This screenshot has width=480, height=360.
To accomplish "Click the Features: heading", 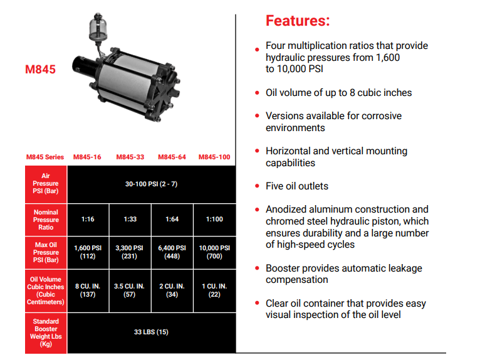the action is [298, 21].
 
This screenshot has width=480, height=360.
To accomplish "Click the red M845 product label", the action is [40, 70].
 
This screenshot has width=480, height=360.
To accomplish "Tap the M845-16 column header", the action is [87, 157].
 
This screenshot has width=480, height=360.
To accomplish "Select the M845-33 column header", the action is [130, 157].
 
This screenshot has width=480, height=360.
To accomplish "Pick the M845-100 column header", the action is [214, 157].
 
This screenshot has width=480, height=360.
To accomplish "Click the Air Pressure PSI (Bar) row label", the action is [46, 184].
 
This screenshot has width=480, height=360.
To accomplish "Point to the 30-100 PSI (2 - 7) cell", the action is [151, 184].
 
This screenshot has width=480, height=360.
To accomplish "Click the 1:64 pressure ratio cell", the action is [172, 220].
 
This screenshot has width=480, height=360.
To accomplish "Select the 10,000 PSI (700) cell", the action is [214, 252].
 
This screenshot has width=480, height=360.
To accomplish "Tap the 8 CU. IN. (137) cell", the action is [88, 290].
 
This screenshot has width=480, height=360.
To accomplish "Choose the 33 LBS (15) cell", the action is [151, 332].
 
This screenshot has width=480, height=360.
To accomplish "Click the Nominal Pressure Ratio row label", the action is [46, 220].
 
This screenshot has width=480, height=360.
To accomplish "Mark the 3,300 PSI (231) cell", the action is [130, 252].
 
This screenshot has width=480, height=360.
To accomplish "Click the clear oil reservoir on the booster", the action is [98, 28].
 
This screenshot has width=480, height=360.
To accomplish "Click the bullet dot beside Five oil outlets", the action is [257, 186].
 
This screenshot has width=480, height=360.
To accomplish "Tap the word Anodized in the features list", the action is [286, 209].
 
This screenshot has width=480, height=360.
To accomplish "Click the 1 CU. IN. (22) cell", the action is [214, 290].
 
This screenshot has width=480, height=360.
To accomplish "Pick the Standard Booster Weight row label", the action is [46, 333].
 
